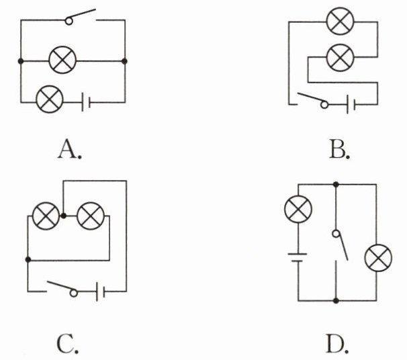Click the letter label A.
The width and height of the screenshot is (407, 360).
click(x=70, y=148)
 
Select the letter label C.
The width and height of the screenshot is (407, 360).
click(x=67, y=344)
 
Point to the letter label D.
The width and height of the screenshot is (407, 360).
click(x=337, y=344)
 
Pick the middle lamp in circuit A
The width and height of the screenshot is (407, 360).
click(x=62, y=60)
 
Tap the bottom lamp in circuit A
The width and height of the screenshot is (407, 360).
click(x=50, y=99)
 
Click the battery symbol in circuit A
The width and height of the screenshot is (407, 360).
click(x=86, y=102)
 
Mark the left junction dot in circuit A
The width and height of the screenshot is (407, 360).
click(x=21, y=61)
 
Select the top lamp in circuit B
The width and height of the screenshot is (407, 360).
click(x=340, y=21)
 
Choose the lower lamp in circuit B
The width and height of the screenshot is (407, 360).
click(x=340, y=58)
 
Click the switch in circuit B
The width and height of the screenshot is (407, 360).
click(x=313, y=101)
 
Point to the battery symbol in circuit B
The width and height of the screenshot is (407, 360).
click(x=351, y=105)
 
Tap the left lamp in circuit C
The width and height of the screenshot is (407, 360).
click(x=46, y=216)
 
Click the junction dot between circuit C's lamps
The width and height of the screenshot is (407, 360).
click(x=63, y=216)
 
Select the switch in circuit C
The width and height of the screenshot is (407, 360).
click(x=62, y=289)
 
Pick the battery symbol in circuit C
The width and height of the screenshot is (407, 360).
click(x=100, y=291)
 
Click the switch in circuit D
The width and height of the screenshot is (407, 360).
click(x=340, y=244)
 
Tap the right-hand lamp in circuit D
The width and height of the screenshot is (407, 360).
click(x=378, y=258)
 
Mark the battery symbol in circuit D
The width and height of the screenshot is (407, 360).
click(x=298, y=257)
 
